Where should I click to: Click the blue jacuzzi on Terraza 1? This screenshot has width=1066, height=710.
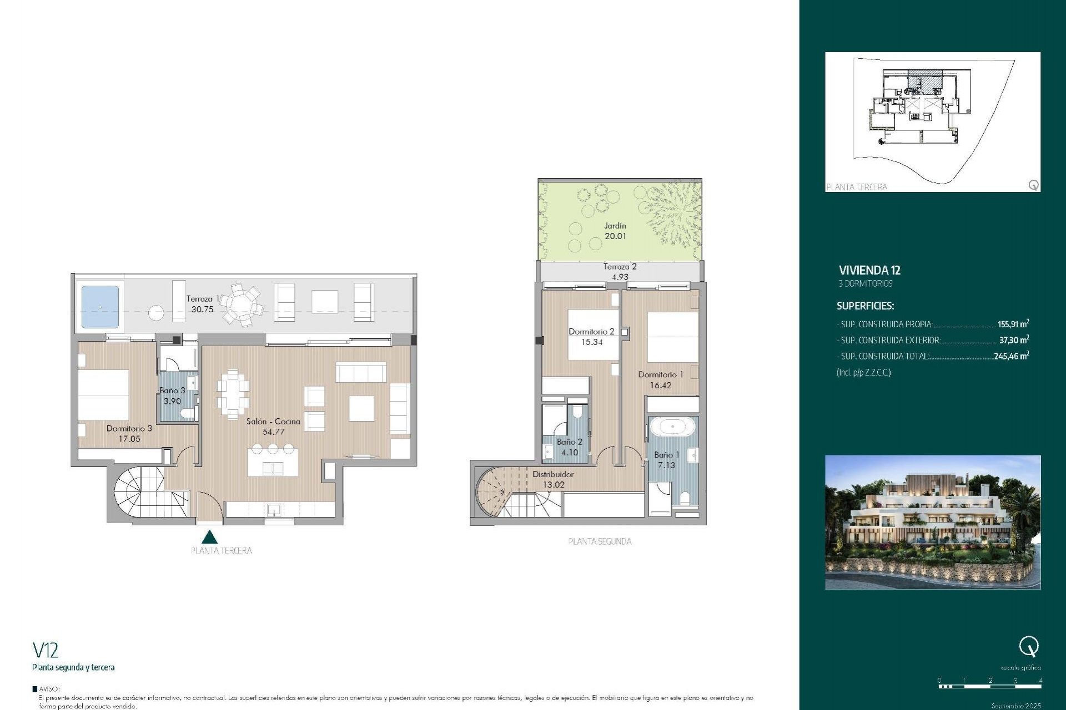(100, 307)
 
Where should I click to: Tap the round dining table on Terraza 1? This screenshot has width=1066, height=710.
(242, 305)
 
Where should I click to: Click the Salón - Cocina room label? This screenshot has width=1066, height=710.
(273, 422)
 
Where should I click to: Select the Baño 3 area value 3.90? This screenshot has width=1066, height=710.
(172, 401)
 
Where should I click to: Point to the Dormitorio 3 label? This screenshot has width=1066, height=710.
(129, 428)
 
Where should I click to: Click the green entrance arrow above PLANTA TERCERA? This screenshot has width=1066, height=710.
(209, 537)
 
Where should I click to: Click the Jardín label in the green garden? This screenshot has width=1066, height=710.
(615, 226)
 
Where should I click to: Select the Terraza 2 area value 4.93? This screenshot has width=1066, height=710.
(620, 277)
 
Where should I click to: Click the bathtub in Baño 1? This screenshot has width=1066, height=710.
(672, 427)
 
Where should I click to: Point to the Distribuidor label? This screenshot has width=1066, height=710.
(553, 474)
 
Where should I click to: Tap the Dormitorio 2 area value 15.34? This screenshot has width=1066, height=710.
(592, 342)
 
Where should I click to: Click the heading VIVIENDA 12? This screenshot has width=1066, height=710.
(869, 270)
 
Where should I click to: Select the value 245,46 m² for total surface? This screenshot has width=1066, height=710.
(1011, 356)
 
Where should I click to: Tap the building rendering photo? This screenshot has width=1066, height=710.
(933, 522)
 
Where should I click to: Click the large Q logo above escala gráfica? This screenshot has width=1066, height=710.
(1029, 647)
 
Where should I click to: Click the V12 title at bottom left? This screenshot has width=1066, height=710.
(46, 650)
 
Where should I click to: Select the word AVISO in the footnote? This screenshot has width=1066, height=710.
(49, 689)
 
